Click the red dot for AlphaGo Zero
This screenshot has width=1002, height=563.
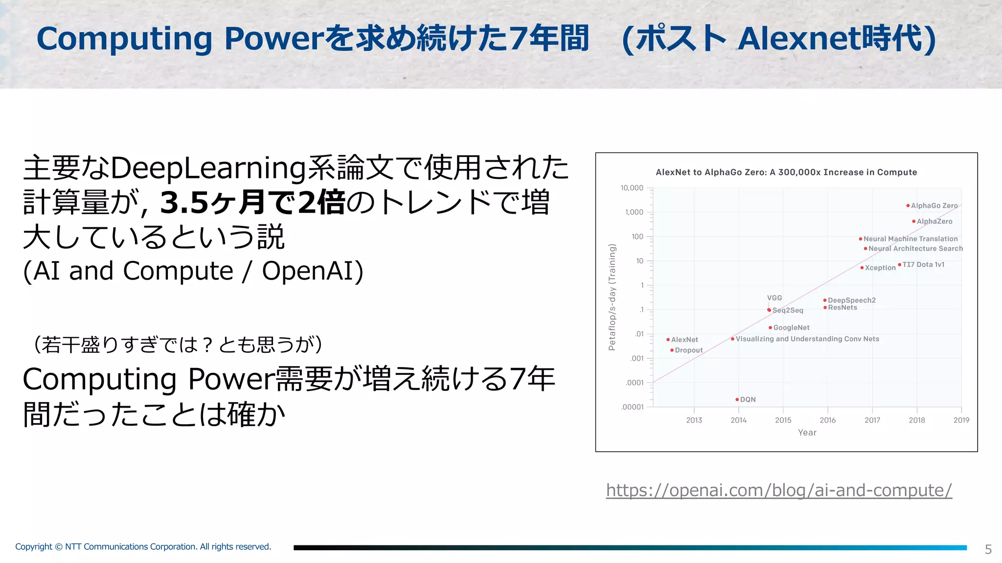click(908, 206)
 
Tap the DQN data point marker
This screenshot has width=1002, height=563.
click(737, 400)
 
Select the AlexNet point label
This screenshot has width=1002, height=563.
click(684, 340)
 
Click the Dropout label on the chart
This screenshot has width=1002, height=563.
click(688, 350)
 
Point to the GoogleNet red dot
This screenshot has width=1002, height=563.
click(770, 328)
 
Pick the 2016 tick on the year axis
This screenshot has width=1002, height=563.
click(827, 420)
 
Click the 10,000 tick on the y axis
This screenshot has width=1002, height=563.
click(632, 188)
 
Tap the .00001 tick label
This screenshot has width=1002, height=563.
click(632, 407)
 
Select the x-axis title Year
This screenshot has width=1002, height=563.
click(807, 433)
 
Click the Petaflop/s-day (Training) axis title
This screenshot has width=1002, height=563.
click(612, 297)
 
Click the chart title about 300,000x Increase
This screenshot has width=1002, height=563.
click(786, 172)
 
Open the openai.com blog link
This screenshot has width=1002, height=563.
click(778, 490)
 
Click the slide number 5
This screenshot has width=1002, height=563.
click(988, 549)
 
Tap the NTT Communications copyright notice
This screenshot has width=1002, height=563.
click(143, 546)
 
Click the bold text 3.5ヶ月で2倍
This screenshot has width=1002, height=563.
click(252, 203)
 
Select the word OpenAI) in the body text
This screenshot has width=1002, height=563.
click(313, 271)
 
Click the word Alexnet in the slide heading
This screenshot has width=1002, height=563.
click(798, 39)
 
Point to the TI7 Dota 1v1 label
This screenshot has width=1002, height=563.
click(923, 264)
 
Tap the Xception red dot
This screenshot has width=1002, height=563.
click(862, 268)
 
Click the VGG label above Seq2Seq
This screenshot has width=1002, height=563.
click(774, 298)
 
